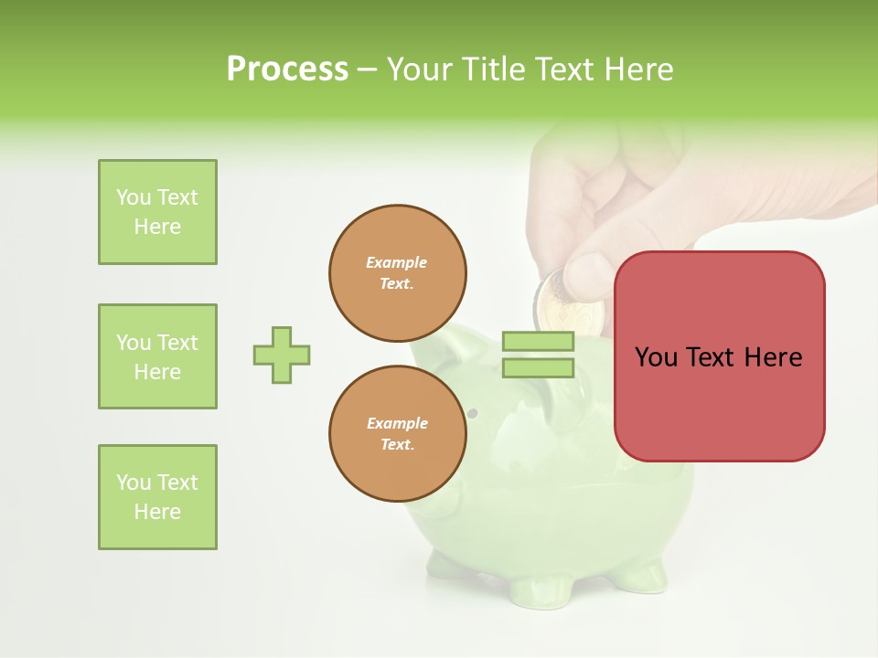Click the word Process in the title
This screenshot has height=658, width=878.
click(287, 69)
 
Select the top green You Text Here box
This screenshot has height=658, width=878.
click(157, 212)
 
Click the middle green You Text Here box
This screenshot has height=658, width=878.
click(157, 356)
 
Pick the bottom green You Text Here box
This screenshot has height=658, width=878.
click(157, 497)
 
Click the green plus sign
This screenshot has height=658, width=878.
click(282, 355)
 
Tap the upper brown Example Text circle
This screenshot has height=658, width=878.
click(398, 273)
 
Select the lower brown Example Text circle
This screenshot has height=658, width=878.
click(398, 434)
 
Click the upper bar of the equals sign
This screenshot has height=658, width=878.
click(538, 342)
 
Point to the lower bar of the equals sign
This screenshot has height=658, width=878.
click(538, 368)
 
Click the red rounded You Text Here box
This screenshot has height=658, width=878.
click(719, 356)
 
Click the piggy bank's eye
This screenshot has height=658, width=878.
click(473, 414)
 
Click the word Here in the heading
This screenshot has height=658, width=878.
click(637, 69)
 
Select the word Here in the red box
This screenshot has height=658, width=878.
click(773, 357)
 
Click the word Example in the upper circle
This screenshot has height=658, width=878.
click(397, 263)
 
